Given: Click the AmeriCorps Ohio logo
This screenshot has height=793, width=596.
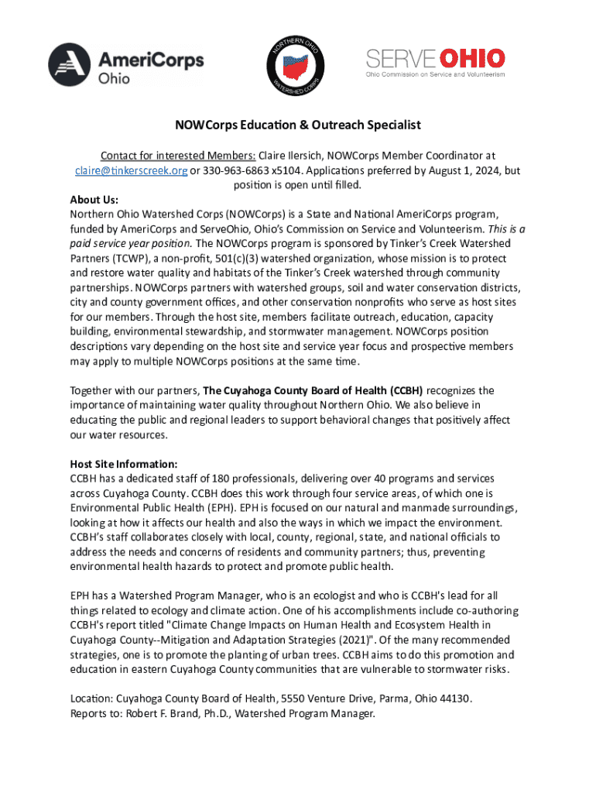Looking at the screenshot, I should [x=126, y=64].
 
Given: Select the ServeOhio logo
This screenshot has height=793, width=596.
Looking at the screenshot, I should [x=435, y=62].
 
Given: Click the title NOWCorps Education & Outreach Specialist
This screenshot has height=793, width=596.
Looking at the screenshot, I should [x=297, y=125].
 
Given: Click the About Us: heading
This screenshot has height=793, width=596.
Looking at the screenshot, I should [x=94, y=199].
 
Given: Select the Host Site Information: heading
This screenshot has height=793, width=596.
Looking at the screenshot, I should [x=124, y=464].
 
